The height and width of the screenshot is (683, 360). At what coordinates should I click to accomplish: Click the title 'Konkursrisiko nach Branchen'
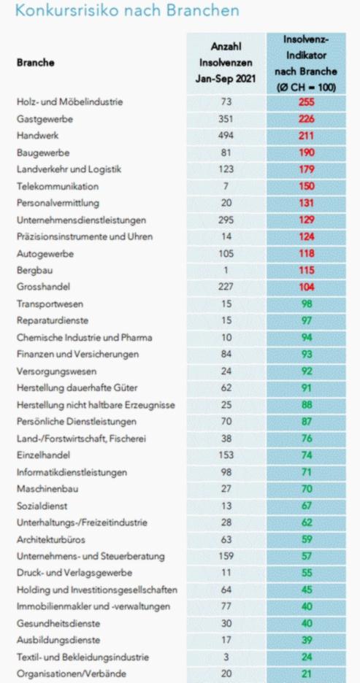click(x=127, y=9)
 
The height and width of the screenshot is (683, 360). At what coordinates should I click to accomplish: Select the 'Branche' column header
click(x=35, y=62)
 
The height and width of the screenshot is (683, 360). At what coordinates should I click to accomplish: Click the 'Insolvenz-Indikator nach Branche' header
click(x=307, y=63)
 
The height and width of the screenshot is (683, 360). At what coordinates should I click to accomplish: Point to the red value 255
click(x=307, y=102)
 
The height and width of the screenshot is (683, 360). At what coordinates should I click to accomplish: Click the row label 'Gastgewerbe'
click(x=45, y=119)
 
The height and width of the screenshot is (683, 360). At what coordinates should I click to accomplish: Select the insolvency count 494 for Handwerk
click(x=226, y=136)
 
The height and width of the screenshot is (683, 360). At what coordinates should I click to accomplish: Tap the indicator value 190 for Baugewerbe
click(x=307, y=153)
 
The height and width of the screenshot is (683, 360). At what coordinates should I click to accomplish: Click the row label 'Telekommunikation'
click(x=58, y=186)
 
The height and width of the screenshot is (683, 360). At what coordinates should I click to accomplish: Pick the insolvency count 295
click(x=226, y=220)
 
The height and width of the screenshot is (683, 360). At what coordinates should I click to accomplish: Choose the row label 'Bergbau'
click(x=34, y=271)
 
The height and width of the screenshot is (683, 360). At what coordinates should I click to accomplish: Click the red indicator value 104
click(x=307, y=287)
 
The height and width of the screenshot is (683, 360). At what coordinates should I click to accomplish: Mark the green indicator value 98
click(x=307, y=304)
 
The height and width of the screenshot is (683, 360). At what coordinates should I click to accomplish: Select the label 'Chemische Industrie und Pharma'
click(x=84, y=338)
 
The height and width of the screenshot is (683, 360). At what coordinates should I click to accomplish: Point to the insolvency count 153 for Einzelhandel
click(x=226, y=455)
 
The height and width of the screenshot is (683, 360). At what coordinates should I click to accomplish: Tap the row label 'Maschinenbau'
click(x=47, y=489)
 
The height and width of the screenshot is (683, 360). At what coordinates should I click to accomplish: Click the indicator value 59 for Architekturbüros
click(x=307, y=539)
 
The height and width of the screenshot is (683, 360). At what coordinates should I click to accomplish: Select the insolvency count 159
click(x=226, y=556)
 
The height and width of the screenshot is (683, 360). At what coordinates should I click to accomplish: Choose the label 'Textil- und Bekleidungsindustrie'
click(x=83, y=657)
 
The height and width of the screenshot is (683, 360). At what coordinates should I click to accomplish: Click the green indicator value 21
click(x=307, y=674)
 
